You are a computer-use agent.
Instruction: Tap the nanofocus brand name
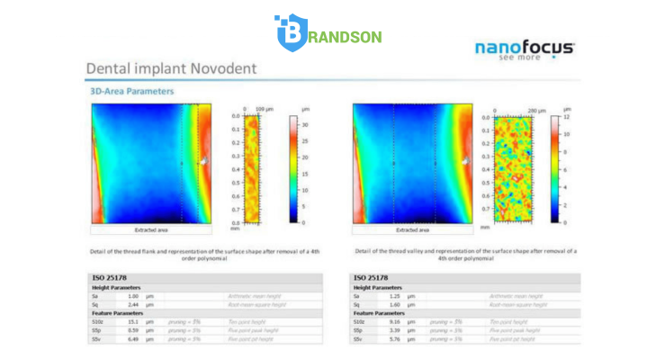[x=524, y=49]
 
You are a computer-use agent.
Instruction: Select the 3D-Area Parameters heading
[x=131, y=91]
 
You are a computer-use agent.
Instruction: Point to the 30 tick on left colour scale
[x=305, y=125]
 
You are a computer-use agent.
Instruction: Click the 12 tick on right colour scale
[x=566, y=116]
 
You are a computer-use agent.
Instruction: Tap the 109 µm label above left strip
[x=267, y=109]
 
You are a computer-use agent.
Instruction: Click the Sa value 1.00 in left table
[x=133, y=296]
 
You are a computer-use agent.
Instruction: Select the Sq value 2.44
[x=133, y=305]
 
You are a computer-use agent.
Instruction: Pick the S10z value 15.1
[x=133, y=321]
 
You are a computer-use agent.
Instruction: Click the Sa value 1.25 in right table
[x=393, y=296]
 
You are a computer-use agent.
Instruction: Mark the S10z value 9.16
[x=393, y=321]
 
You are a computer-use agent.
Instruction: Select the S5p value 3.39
[x=393, y=329]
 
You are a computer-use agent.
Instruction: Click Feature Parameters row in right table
[x=378, y=312]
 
